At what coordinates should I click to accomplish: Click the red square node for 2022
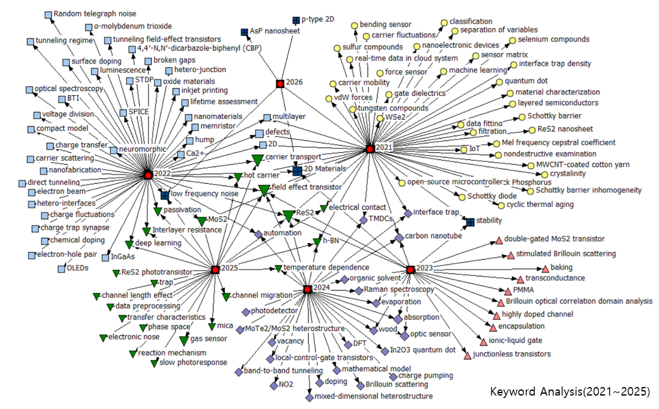click(147, 175)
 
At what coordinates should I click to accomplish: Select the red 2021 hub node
click(369, 148)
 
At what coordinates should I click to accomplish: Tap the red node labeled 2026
click(280, 83)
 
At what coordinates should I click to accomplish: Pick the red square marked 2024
click(307, 289)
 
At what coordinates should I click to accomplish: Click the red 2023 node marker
click(410, 269)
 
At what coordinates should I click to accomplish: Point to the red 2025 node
click(215, 269)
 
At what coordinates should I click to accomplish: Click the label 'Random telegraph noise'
click(95, 13)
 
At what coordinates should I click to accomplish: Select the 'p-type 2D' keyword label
click(318, 20)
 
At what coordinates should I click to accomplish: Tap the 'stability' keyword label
click(490, 220)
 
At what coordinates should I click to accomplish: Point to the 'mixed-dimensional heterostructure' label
click(374, 396)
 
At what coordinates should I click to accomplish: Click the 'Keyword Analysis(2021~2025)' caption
click(570, 391)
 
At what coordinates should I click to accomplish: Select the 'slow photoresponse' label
click(193, 363)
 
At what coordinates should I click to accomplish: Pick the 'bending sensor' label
click(385, 24)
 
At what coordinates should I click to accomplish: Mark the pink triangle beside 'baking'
click(545, 269)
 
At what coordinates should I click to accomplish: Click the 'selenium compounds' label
click(553, 39)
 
